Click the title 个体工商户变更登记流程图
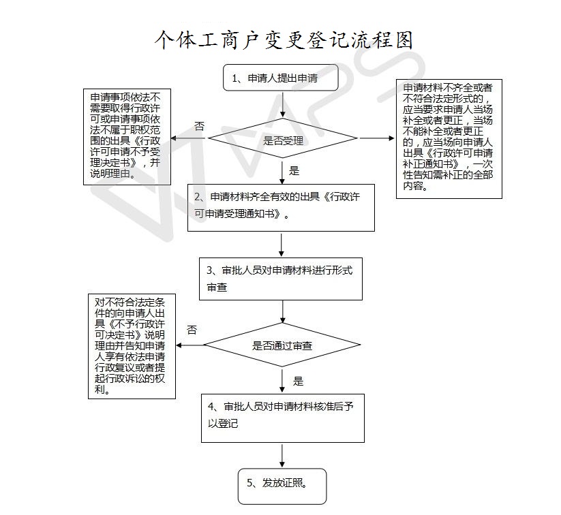pyautogui.click(x=284, y=40)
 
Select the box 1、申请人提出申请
pyautogui.click(x=281, y=78)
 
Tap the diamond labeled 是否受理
pyautogui.click(x=283, y=138)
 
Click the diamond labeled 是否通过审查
pyautogui.click(x=282, y=345)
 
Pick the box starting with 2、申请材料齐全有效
pyautogui.click(x=281, y=208)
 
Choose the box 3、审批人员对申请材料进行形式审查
pyautogui.click(x=281, y=279)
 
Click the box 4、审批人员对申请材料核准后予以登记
pyautogui.click(x=283, y=418)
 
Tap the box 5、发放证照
pyautogui.click(x=282, y=486)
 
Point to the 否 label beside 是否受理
pyautogui.click(x=199, y=126)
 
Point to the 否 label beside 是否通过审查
pyautogui.click(x=192, y=330)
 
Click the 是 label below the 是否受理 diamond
pyautogui.click(x=294, y=170)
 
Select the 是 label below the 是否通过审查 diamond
pyautogui.click(x=298, y=381)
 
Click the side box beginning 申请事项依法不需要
pyautogui.click(x=127, y=137)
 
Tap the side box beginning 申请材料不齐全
pyautogui.click(x=449, y=139)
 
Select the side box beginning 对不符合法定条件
pyautogui.click(x=132, y=346)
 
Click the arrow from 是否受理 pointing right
pyautogui.click(x=377, y=138)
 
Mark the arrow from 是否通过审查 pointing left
pyautogui.click(x=190, y=345)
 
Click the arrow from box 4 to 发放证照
pyautogui.click(x=282, y=456)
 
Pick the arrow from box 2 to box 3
pyautogui.click(x=282, y=245)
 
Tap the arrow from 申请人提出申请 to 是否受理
pyautogui.click(x=283, y=105)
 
